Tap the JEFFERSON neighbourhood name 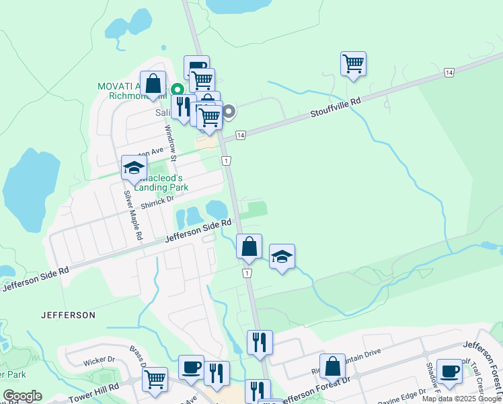pyautogui.click(x=68, y=314)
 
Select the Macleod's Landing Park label pyautogui.click(x=161, y=182)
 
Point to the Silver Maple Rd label pyautogui.click(x=132, y=215)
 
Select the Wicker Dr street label pyautogui.click(x=100, y=362)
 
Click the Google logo pyautogui.click(x=22, y=396)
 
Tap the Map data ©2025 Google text pyautogui.click(x=461, y=399)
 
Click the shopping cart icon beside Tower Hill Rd pyautogui.click(x=155, y=378)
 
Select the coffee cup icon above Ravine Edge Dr pyautogui.click(x=449, y=370)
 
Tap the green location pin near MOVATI pyautogui.click(x=178, y=90)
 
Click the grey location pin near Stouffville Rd pyautogui.click(x=229, y=111)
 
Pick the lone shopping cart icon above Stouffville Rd pyautogui.click(x=353, y=64)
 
